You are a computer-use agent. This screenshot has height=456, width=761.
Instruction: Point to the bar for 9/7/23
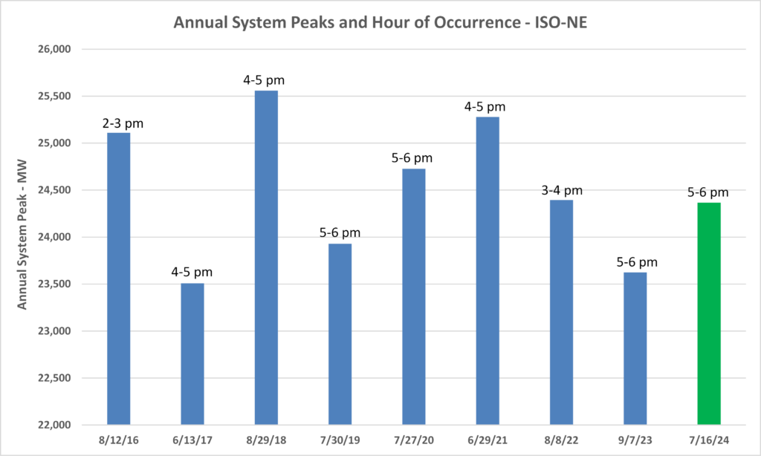coord(635,348)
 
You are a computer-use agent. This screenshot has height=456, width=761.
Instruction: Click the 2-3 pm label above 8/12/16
coord(119,123)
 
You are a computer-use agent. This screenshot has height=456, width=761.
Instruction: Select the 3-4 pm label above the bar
coord(561,191)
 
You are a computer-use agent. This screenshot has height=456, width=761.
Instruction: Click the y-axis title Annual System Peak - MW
coord(22,238)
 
